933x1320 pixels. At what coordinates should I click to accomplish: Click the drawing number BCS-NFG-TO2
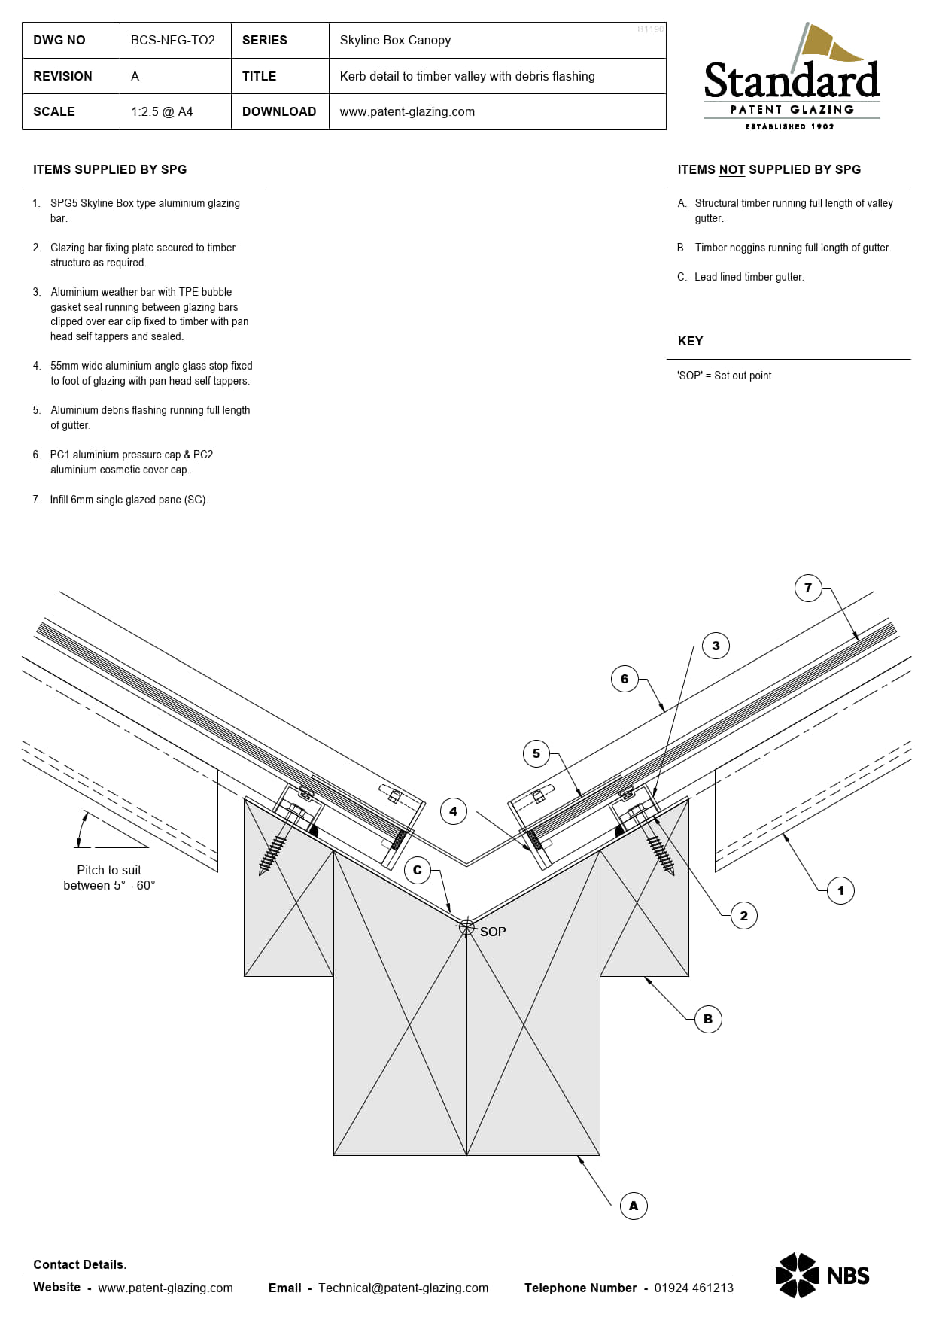click(x=172, y=40)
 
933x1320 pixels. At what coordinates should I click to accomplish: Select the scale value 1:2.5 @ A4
click(x=162, y=111)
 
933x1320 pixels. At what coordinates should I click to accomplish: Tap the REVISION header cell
click(x=62, y=76)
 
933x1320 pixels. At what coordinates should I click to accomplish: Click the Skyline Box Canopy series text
click(x=395, y=40)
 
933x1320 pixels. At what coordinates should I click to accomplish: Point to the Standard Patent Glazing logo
click(x=792, y=79)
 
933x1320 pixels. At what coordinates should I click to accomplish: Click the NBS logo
click(x=822, y=1275)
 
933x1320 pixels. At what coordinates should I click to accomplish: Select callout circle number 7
click(x=807, y=588)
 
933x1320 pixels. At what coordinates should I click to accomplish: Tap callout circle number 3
click(x=716, y=646)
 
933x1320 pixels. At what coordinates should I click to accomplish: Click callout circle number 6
click(x=625, y=679)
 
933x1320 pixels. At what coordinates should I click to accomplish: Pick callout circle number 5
click(x=536, y=753)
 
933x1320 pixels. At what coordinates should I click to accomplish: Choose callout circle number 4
click(x=453, y=811)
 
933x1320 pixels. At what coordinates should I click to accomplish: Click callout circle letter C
click(x=418, y=870)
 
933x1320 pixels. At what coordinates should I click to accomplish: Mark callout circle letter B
click(x=708, y=1019)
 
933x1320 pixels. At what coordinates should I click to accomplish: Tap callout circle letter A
click(x=634, y=1206)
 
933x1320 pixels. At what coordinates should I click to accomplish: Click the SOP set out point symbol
click(x=466, y=927)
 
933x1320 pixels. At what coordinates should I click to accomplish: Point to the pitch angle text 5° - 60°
click(x=109, y=885)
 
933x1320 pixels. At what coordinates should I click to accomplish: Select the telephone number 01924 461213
click(x=693, y=1288)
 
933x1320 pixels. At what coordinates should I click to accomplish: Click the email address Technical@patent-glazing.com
click(x=403, y=1288)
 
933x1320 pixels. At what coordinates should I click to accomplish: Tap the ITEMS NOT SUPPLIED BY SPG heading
click(x=768, y=169)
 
